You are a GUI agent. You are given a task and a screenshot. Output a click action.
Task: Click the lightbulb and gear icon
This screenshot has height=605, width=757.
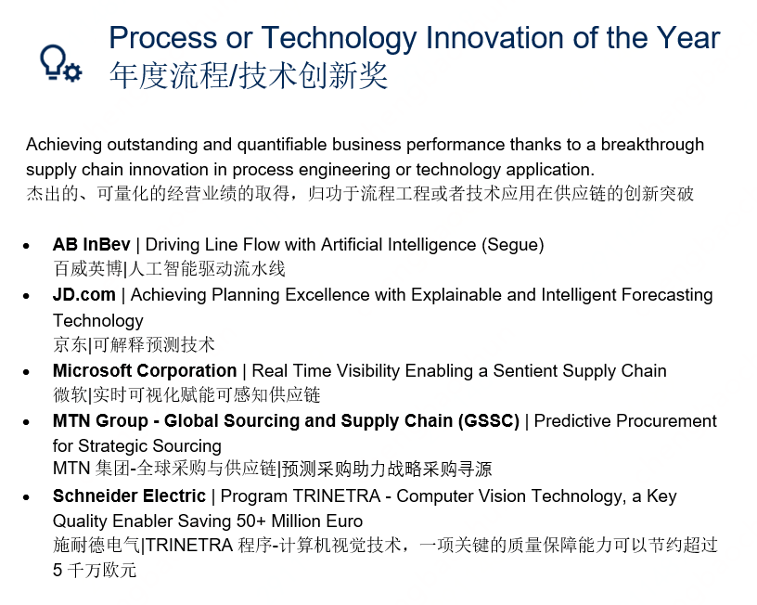point(61,63)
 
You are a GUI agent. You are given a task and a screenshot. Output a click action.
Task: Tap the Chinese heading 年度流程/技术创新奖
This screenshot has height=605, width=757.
point(248,76)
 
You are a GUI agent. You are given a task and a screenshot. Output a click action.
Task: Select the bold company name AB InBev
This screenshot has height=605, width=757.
point(91,245)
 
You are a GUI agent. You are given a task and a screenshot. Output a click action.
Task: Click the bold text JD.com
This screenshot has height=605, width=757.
point(84,294)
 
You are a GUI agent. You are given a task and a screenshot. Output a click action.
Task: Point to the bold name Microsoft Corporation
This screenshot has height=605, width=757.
point(145,371)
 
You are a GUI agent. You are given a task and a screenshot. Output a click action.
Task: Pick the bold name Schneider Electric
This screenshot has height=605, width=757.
point(129,496)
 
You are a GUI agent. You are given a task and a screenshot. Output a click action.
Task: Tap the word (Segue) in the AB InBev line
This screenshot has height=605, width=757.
point(513,245)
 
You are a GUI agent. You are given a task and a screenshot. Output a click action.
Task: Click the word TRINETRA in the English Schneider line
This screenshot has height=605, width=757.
point(337,496)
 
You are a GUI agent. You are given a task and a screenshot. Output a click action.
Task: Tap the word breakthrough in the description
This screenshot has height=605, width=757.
point(652,145)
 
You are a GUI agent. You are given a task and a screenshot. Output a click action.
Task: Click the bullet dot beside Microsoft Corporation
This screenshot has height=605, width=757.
point(26,372)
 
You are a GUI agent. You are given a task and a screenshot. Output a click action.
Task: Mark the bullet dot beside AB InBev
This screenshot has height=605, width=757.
point(26,246)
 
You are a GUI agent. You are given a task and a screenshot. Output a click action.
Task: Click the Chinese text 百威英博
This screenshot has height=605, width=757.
point(88,268)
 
